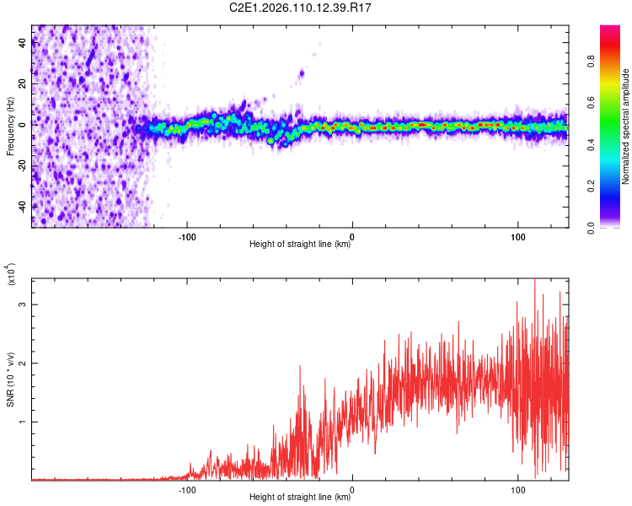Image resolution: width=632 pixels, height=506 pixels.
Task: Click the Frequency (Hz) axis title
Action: tap(10, 126)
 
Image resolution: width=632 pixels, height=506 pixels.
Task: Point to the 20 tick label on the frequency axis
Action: tap(22, 83)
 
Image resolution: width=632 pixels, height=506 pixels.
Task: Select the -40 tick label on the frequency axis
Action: tap(22, 207)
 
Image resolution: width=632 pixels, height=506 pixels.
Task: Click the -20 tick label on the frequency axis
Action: tap(22, 166)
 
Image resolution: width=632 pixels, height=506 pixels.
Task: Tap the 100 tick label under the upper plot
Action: tap(517, 235)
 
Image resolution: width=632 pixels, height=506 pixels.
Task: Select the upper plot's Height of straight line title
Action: tap(300, 245)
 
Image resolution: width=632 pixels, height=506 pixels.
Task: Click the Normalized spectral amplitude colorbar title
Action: tap(625, 126)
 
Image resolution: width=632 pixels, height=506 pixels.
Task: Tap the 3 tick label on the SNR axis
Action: tap(22, 304)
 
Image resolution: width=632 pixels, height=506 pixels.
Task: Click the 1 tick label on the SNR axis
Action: tap(22, 422)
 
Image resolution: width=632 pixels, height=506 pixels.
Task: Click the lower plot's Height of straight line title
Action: tap(300, 498)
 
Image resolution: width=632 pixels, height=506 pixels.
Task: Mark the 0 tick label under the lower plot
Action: tap(351, 488)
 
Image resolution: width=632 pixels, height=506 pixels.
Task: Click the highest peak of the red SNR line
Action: tap(535, 280)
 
